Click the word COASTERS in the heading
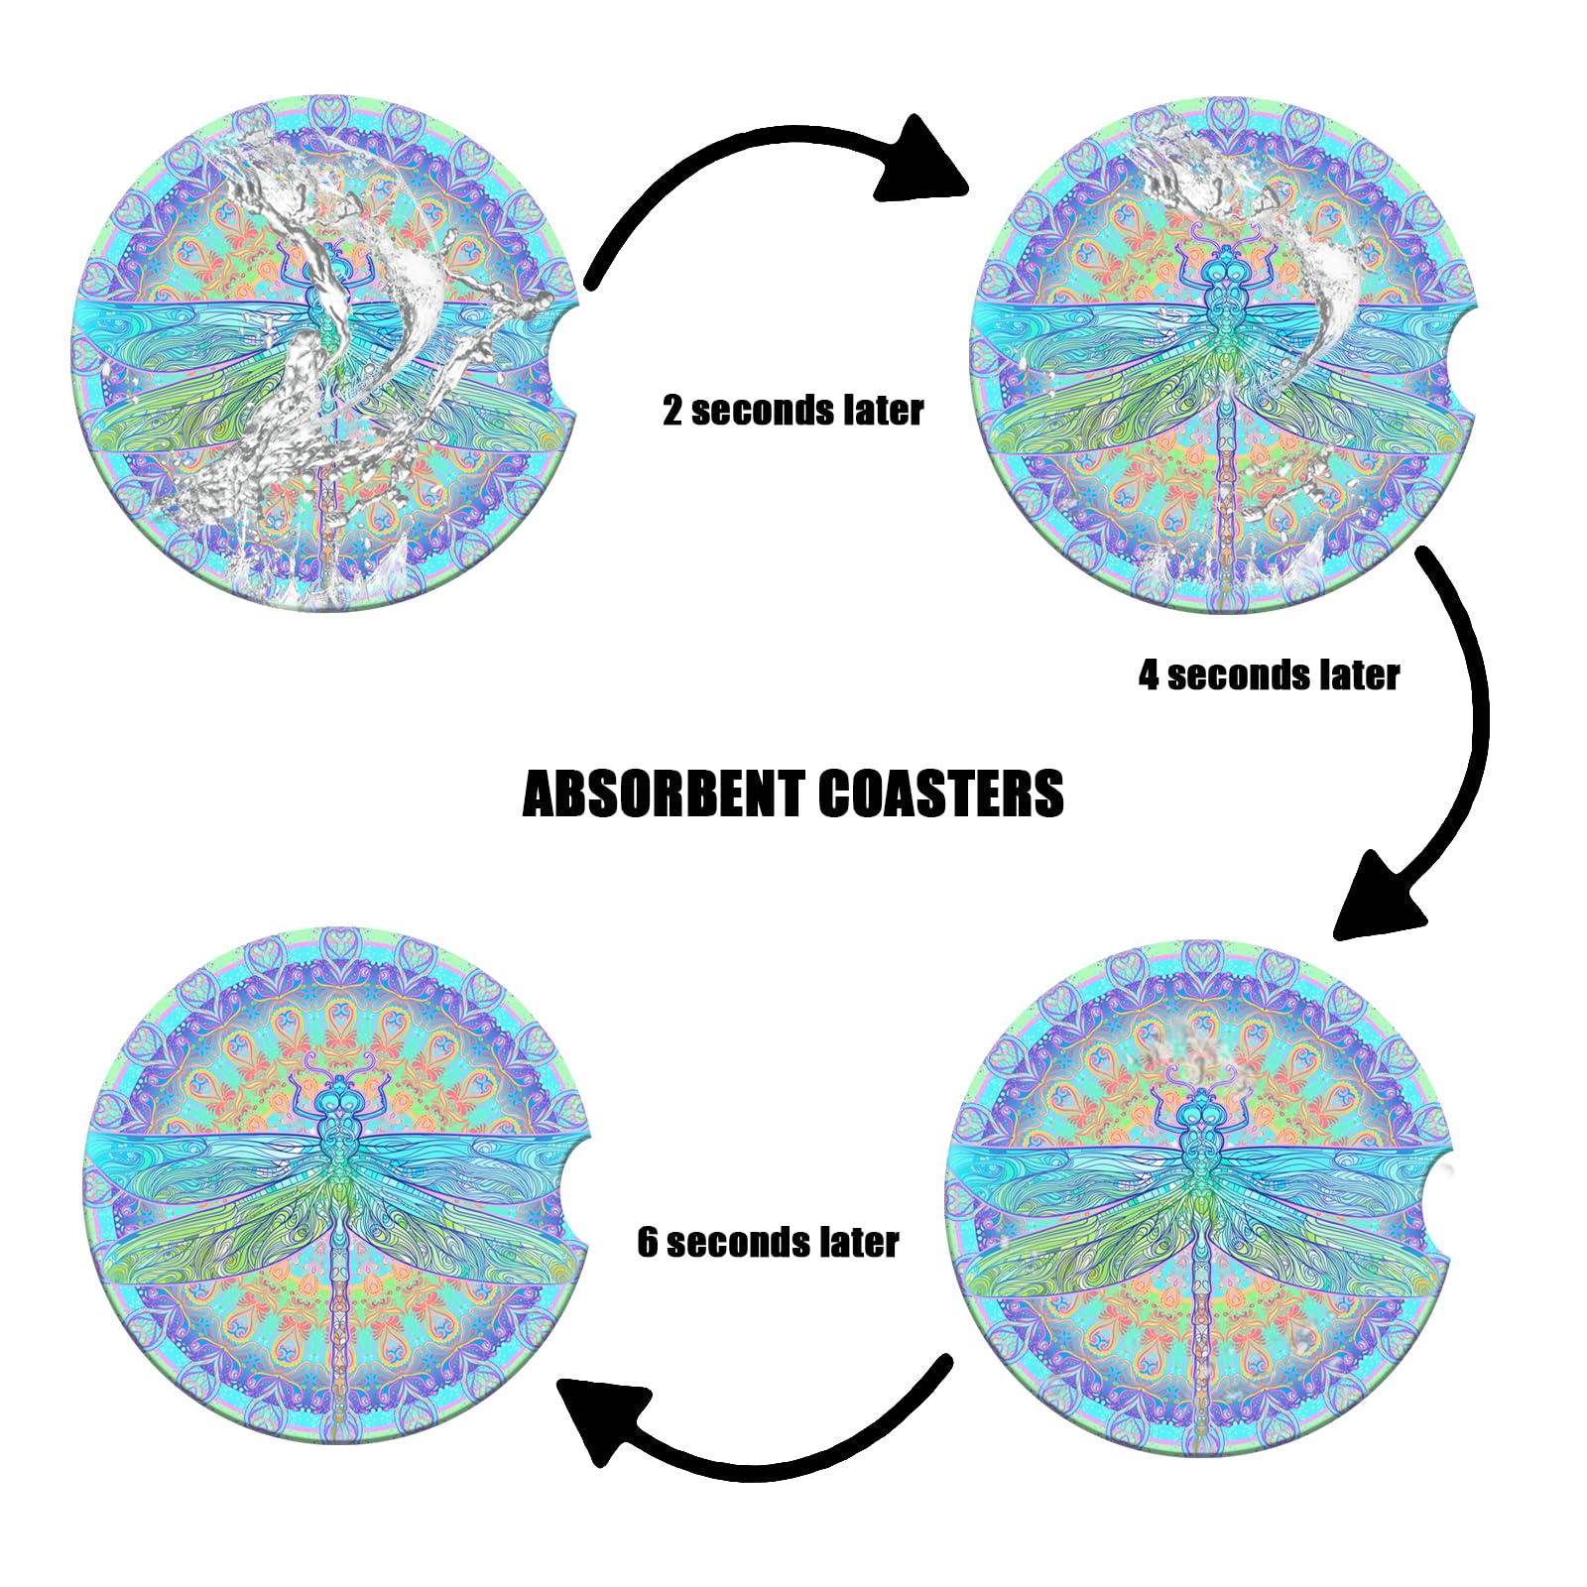(x=941, y=795)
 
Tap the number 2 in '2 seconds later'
(x=673, y=411)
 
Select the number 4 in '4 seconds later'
(x=1149, y=675)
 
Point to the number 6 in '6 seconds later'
(x=648, y=1243)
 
